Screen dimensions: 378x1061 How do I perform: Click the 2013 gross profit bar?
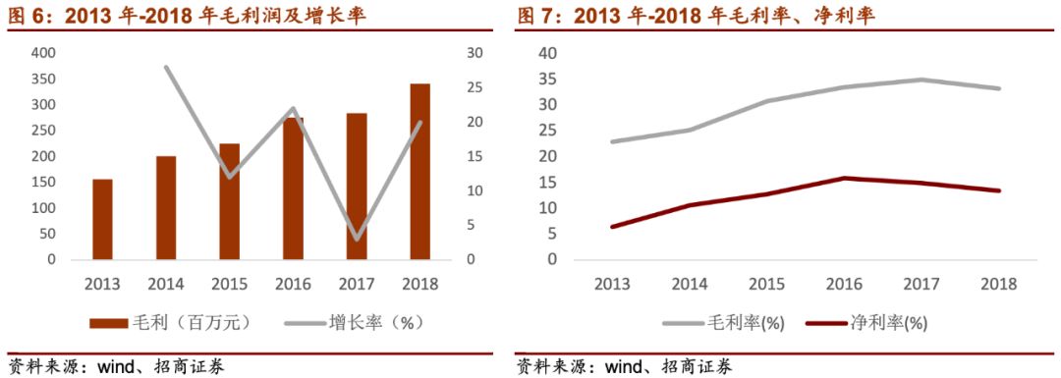tap(102, 220)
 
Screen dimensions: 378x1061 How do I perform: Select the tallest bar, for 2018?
tap(419, 172)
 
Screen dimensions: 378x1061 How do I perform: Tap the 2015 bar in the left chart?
tap(229, 201)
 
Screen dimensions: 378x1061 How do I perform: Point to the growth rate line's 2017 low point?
tap(356, 239)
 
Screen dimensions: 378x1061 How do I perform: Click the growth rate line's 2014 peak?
tap(166, 68)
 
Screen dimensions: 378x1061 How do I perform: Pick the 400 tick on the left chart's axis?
tap(42, 53)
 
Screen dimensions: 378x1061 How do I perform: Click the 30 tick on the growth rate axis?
tap(475, 53)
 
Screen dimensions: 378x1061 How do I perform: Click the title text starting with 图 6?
tap(187, 16)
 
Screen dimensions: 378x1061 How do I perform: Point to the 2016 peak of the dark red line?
tap(844, 178)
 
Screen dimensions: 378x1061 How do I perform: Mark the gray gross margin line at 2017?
tap(921, 80)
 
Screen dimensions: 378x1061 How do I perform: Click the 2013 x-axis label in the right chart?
tap(612, 284)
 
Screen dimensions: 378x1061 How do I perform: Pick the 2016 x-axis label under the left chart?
tap(293, 284)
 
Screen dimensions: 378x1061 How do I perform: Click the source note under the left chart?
tap(116, 367)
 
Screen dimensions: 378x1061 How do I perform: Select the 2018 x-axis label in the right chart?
tap(998, 284)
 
